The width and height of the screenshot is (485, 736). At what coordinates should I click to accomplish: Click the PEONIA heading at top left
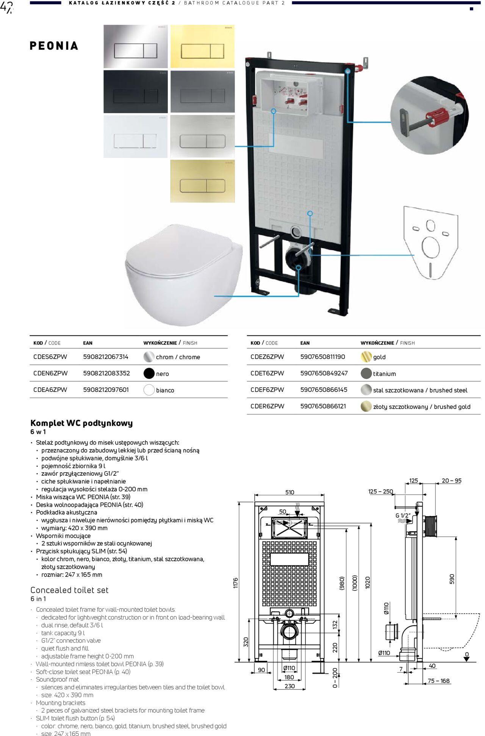coord(54,46)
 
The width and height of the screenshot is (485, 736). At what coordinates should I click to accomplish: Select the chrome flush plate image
coord(135,47)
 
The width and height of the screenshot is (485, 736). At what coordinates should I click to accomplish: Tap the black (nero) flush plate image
coord(135,91)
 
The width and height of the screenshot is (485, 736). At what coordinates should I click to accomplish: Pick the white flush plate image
coord(135,136)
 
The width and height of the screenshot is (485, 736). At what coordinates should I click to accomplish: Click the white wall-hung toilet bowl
coord(182,273)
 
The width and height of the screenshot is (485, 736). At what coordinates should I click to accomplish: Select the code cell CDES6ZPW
coord(50,357)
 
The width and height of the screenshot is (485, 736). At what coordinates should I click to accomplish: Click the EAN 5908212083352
coord(106,373)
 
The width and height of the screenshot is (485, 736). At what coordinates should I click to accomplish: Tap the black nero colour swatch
coord(149,374)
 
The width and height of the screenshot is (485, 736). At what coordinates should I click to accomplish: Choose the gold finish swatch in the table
coord(366,357)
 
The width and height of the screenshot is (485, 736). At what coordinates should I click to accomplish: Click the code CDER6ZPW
coord(267,406)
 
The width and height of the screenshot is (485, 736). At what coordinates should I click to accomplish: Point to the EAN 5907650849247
coord(324,373)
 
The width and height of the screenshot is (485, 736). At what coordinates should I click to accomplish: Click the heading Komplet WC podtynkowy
coord(81,423)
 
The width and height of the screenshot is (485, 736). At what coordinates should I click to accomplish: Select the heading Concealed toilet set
coord(69,590)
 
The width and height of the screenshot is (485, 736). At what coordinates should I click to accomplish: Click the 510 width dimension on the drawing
coord(289,492)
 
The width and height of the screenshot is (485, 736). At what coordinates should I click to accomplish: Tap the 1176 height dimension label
coord(236,583)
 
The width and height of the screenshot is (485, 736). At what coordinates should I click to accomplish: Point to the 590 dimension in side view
coord(452,579)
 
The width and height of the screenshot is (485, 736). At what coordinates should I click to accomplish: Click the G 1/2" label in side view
coord(403,515)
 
